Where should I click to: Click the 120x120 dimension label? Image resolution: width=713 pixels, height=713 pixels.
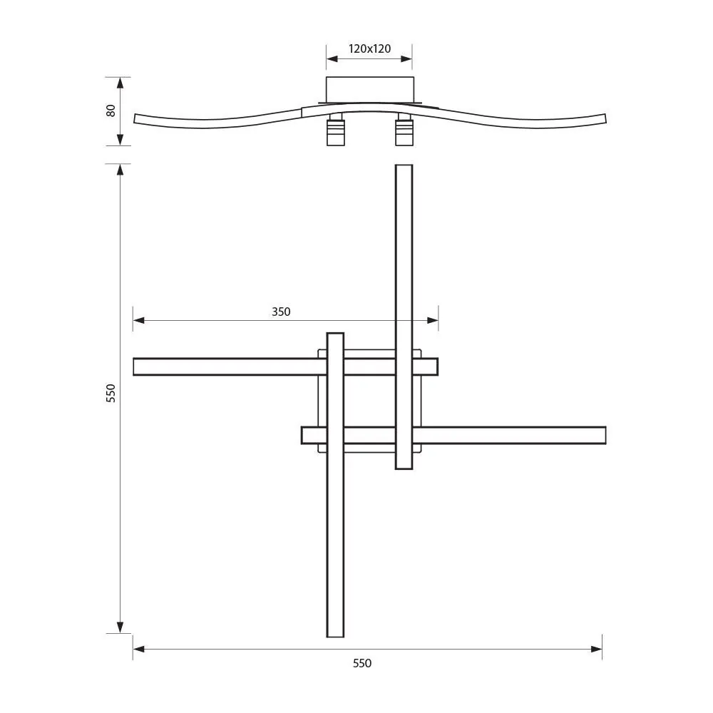point(369,49)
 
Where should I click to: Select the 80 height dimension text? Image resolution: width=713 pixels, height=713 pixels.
point(111,111)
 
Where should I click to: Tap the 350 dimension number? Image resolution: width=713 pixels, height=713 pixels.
point(281,312)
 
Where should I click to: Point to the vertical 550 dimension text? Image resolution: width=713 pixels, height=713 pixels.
point(111,393)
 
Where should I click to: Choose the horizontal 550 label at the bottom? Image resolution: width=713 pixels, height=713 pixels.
point(362,663)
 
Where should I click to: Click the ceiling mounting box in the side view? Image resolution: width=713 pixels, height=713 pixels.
point(369,90)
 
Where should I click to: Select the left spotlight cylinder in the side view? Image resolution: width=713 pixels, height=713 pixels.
point(335,132)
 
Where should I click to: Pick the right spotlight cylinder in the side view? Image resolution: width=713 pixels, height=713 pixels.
point(404,132)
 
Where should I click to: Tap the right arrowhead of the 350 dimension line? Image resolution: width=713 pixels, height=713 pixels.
point(433,321)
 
